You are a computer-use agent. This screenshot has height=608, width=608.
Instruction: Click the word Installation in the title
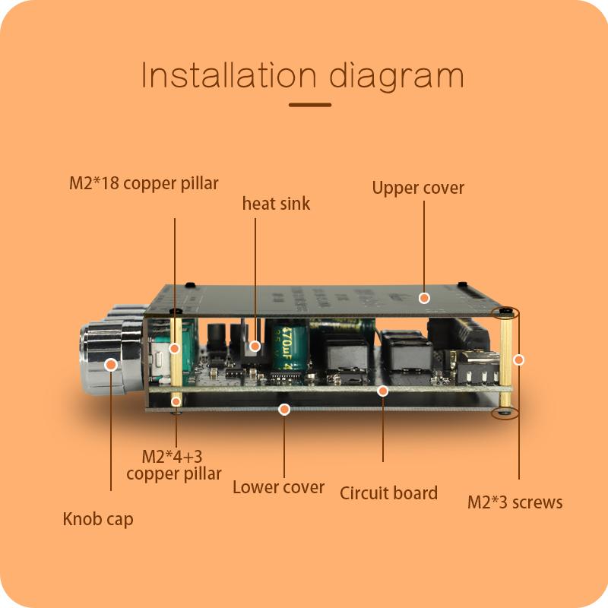click(228, 77)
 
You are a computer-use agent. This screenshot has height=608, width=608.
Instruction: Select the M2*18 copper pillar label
click(144, 183)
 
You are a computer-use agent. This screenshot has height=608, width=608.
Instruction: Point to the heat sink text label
click(276, 204)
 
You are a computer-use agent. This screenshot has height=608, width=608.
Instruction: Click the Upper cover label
click(418, 188)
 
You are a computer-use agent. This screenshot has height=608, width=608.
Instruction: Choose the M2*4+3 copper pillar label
click(174, 465)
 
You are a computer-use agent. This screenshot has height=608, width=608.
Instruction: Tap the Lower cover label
click(278, 487)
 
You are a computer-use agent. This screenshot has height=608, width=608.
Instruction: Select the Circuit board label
click(388, 492)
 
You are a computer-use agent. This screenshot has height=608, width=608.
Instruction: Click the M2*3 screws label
click(515, 502)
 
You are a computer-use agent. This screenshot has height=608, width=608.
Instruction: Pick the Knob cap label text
click(97, 519)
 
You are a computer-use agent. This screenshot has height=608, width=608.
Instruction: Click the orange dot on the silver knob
click(111, 365)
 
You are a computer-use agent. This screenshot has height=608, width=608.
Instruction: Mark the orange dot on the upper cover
click(425, 298)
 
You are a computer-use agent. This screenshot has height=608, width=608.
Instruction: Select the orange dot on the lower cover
click(284, 409)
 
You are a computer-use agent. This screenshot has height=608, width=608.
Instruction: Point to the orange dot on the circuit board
click(383, 391)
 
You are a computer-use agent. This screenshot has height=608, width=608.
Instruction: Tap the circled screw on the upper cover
click(505, 312)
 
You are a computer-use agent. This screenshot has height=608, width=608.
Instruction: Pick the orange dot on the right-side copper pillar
click(519, 359)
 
